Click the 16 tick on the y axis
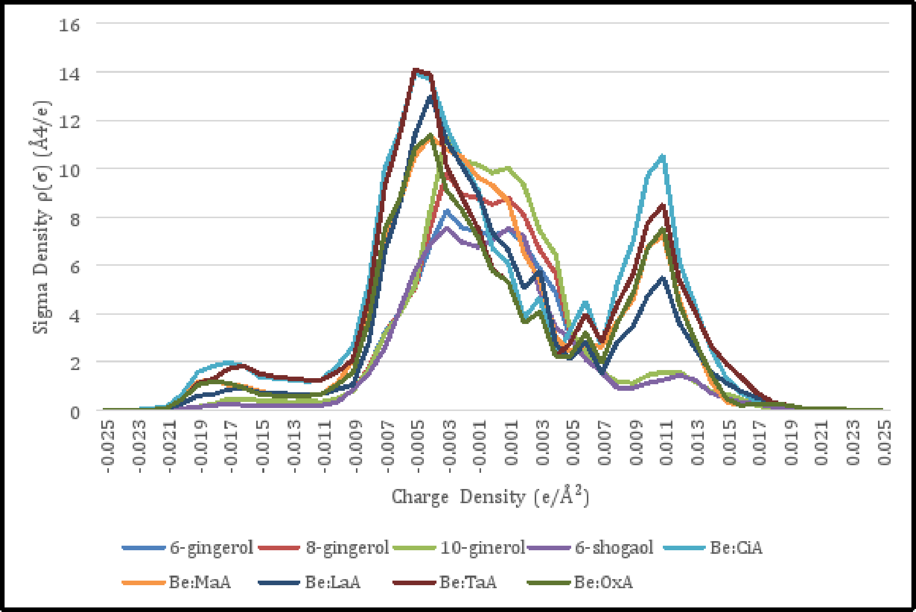[69, 25]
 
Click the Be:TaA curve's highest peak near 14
[415, 70]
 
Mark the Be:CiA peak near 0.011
[663, 156]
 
